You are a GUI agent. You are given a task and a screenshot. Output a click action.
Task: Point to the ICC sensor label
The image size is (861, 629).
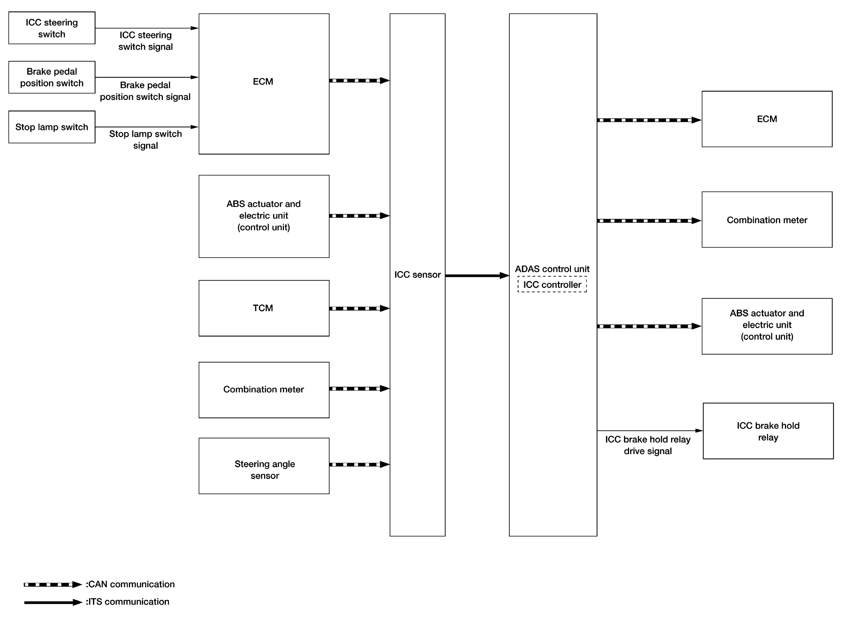point(417,275)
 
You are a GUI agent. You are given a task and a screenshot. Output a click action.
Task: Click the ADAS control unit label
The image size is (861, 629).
point(552,269)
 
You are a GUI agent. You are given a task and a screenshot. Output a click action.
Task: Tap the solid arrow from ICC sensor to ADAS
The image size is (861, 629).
point(477,275)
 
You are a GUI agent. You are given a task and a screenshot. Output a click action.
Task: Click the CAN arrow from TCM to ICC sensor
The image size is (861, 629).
point(359,308)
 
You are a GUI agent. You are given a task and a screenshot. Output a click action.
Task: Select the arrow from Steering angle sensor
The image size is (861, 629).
point(359,465)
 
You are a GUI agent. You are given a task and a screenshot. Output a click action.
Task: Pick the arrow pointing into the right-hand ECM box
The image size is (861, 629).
point(649,120)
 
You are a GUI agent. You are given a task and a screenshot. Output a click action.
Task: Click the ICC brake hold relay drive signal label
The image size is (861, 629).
point(648,445)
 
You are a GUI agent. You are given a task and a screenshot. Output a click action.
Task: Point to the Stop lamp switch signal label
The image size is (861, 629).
point(145,140)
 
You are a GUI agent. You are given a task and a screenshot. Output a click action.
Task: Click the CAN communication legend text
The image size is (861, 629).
point(130,584)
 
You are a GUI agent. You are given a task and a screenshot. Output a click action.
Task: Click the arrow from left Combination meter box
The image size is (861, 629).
point(359,389)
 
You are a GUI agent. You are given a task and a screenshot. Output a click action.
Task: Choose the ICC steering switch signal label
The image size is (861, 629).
point(145,41)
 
